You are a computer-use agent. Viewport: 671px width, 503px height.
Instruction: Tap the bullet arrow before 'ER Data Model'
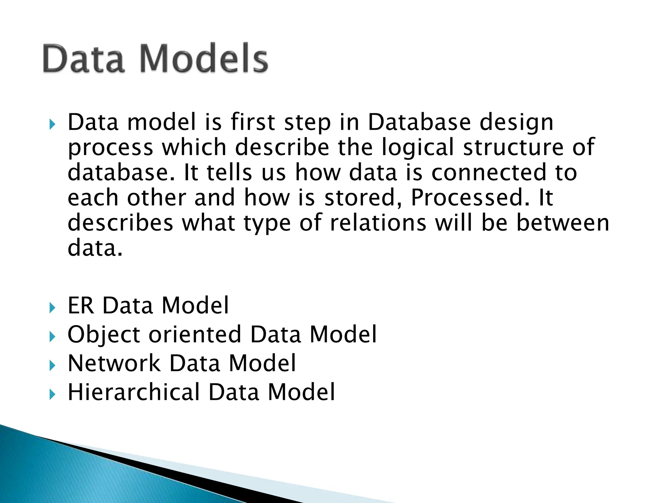pyautogui.click(x=52, y=307)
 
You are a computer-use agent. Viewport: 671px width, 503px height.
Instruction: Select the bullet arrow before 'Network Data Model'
pyautogui.click(x=52, y=365)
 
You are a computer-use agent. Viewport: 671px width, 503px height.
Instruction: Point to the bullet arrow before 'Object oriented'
pyautogui.click(x=52, y=336)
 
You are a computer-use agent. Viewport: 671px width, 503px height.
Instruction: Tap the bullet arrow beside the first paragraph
pyautogui.click(x=52, y=124)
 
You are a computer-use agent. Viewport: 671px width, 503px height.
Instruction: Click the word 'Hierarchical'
pyautogui.click(x=134, y=392)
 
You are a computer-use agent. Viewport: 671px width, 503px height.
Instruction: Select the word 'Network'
pyautogui.click(x=114, y=363)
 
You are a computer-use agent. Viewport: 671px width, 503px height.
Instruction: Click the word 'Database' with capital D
pyautogui.click(x=419, y=122)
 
